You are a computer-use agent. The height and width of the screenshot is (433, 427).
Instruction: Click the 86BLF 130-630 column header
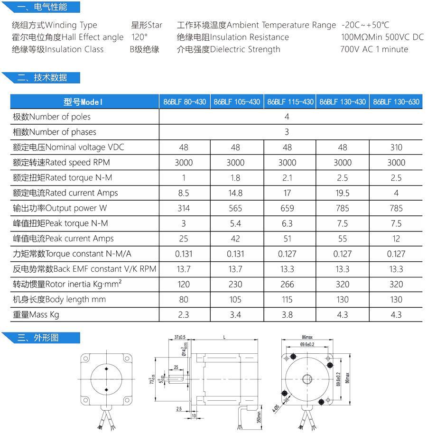396,101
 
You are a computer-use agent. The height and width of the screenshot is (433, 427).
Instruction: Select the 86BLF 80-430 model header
185,101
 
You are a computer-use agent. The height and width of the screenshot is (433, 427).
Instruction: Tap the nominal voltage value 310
396,147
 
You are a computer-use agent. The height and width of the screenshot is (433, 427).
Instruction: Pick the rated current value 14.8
235,193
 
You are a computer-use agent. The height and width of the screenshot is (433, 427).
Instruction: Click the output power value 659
287,208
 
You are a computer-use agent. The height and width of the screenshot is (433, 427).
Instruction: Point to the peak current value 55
343,239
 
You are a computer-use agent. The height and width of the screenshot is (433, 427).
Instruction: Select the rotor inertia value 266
287,284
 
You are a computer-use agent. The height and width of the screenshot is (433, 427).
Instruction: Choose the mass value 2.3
184,314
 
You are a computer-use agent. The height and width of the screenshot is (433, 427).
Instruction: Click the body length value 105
235,299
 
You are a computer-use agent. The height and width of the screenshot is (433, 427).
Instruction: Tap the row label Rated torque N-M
63,177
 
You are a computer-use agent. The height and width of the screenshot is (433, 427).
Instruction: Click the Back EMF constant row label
84,269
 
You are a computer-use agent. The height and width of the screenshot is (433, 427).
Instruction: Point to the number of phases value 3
287,132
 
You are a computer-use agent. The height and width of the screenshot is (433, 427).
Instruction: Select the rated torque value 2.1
287,177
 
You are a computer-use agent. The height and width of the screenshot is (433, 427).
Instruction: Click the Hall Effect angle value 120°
139,37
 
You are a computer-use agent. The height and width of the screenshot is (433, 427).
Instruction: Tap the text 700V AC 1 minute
374,49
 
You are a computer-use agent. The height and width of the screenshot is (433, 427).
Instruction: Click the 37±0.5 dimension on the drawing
179,337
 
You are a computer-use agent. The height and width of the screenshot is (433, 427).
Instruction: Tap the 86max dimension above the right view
306,337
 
